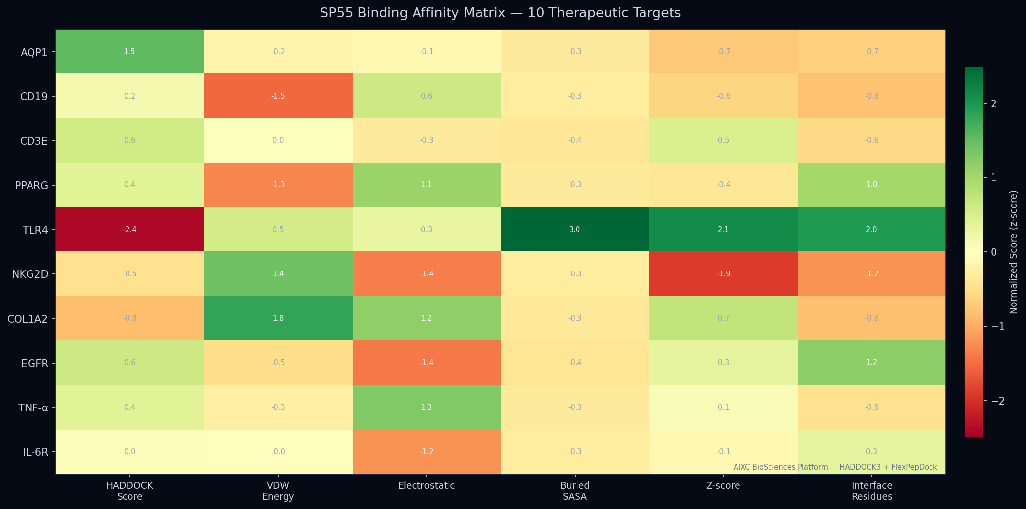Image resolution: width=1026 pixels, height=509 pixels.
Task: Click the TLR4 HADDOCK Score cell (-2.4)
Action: pyautogui.click(x=129, y=229)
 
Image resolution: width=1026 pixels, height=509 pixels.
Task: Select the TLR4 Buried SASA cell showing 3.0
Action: pyautogui.click(x=575, y=229)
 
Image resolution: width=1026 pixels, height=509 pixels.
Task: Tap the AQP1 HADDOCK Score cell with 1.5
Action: pyautogui.click(x=129, y=52)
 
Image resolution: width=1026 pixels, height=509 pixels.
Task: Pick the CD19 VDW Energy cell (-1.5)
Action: pyautogui.click(x=278, y=96)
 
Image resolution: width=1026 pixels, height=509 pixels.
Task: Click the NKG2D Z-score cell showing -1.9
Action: pyautogui.click(x=723, y=273)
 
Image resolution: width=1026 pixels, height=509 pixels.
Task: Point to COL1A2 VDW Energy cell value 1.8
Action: pyautogui.click(x=278, y=318)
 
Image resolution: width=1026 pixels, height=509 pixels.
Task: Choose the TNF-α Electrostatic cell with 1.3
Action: pyautogui.click(x=426, y=407)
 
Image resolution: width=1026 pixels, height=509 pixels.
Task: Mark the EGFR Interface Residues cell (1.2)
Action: pyautogui.click(x=871, y=363)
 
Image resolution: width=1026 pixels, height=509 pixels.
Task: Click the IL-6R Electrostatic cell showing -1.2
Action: pyautogui.click(x=426, y=451)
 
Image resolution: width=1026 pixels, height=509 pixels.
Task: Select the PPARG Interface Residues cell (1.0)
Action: pyautogui.click(x=871, y=185)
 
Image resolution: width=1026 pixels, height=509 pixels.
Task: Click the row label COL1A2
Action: pyautogui.click(x=28, y=319)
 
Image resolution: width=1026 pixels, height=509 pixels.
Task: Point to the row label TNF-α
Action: pyautogui.click(x=33, y=407)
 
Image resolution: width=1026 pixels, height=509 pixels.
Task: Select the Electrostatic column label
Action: pyautogui.click(x=426, y=486)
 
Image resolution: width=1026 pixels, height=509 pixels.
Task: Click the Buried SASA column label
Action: pyautogui.click(x=575, y=491)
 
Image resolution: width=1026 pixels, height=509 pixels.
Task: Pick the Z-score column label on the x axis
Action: pyautogui.click(x=723, y=486)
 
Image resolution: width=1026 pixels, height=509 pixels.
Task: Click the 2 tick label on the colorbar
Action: pyautogui.click(x=994, y=103)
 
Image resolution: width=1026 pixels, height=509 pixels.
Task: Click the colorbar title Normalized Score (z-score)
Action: pyautogui.click(x=1013, y=252)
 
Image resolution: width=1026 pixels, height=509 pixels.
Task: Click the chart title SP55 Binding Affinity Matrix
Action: pyautogui.click(x=500, y=13)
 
